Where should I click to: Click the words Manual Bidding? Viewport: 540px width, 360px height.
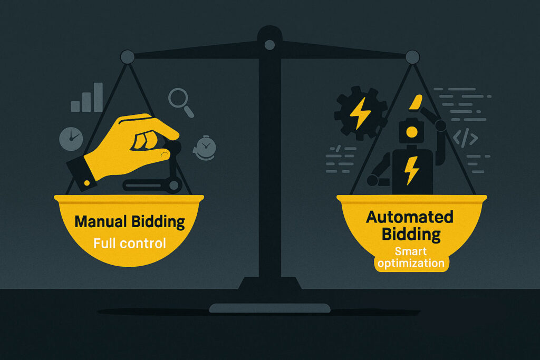(130, 221)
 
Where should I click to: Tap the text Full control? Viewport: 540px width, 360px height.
(130, 244)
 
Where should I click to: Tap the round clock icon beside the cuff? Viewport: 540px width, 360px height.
(71, 139)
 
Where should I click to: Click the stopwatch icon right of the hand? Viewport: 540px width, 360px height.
(204, 148)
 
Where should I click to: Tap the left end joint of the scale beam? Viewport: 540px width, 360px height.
(127, 56)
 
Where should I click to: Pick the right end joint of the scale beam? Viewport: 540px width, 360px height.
(412, 56)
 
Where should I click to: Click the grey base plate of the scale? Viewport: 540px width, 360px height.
(269, 308)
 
